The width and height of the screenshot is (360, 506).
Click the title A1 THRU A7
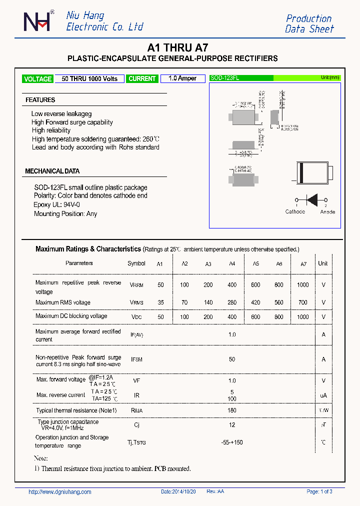(x=178, y=48)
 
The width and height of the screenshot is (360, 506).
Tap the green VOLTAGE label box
(x=37, y=79)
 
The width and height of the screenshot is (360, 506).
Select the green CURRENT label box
(x=142, y=79)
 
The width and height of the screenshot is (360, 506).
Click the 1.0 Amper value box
(x=182, y=78)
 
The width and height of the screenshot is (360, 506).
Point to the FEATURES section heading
(x=40, y=100)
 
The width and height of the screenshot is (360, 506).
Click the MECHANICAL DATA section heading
(x=52, y=171)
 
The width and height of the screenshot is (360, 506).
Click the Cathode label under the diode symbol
(x=295, y=212)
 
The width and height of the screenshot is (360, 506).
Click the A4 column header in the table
(x=232, y=264)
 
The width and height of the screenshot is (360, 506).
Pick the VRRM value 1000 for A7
(x=302, y=285)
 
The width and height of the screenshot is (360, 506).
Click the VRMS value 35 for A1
(x=160, y=302)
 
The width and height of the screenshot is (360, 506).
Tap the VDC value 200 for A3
(x=208, y=317)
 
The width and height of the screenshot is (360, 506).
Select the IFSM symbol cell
(x=136, y=359)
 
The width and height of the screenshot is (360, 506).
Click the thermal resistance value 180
(x=232, y=410)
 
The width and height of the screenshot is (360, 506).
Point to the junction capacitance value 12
(x=232, y=425)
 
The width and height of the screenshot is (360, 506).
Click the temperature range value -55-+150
(x=232, y=442)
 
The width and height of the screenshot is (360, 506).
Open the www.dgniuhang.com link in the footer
(x=60, y=492)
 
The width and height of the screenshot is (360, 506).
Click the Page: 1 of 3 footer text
(x=319, y=492)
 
